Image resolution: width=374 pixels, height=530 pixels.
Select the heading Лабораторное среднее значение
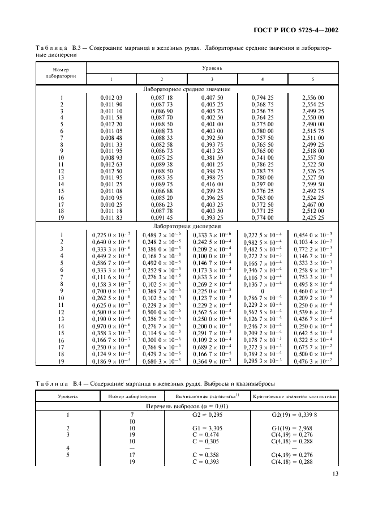(x=186, y=89)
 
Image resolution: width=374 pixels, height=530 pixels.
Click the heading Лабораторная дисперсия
(x=186, y=225)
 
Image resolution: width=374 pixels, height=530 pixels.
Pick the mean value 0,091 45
(x=161, y=218)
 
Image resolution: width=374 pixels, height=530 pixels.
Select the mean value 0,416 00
(x=212, y=185)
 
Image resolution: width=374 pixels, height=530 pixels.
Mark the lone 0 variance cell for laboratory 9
(x=263, y=290)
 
